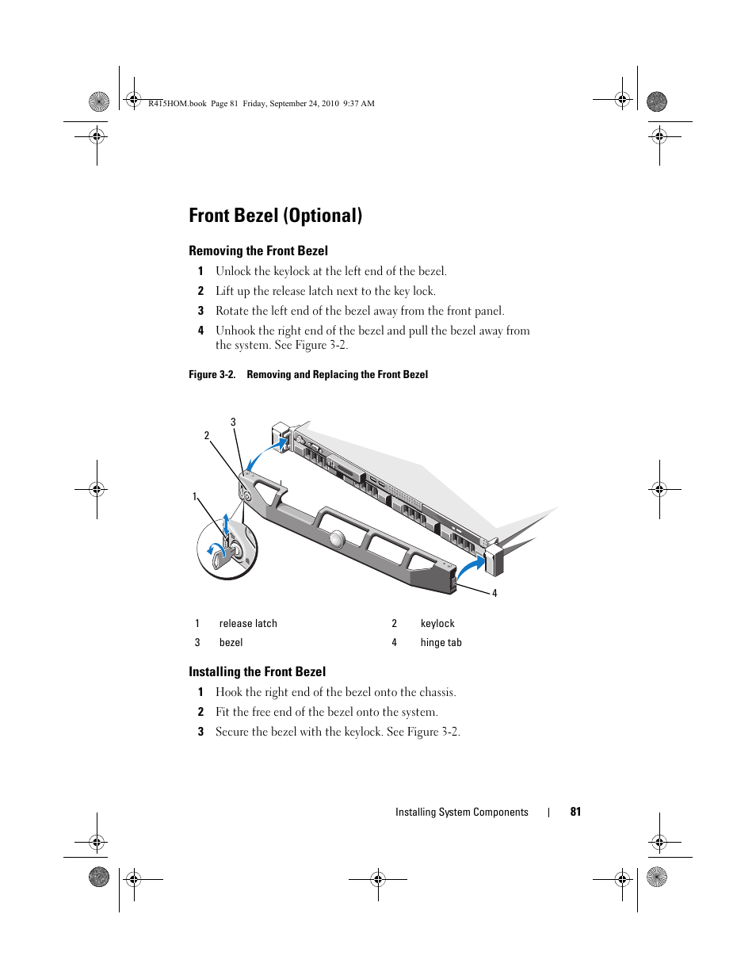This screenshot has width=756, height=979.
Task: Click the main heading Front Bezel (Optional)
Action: coord(275,216)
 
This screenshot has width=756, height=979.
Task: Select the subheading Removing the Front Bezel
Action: coord(258,250)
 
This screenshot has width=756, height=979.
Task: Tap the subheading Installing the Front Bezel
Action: coord(257,671)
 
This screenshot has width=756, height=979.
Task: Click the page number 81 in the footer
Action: coord(575,812)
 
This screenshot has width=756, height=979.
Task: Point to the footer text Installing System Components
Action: coord(461,812)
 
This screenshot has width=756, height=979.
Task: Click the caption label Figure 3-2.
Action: coord(212,374)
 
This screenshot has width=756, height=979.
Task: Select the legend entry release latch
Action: coord(248,624)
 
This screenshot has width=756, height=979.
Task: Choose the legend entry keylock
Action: coord(437,624)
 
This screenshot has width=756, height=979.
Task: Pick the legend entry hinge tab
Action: coord(441,643)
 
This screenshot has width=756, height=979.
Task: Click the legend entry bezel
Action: coord(231,643)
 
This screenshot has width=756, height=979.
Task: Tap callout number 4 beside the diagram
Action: coord(494,594)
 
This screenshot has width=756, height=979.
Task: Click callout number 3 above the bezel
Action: coord(233,423)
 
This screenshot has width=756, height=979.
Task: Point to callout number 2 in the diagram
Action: coord(207,436)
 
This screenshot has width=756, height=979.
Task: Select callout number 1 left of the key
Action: coord(195,497)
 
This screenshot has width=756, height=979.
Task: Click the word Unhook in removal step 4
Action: coord(235,331)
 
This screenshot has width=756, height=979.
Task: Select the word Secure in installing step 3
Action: coord(231,732)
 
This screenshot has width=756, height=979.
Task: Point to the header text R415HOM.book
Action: coord(177,103)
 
